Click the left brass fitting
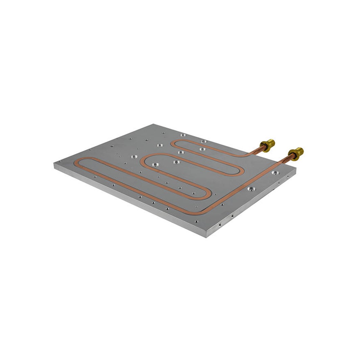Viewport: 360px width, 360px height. click(x=267, y=145)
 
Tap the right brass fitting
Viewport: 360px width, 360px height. click(x=296, y=153)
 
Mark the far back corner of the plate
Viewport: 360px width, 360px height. click(x=154, y=124)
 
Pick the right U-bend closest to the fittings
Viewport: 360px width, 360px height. click(x=242, y=171)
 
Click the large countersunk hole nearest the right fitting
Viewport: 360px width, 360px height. click(x=275, y=173)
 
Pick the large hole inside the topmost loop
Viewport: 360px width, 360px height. click(x=202, y=149)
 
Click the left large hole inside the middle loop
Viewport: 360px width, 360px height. click(x=155, y=165)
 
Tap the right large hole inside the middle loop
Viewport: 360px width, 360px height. click(x=176, y=162)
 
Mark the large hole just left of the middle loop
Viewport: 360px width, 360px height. click(x=134, y=157)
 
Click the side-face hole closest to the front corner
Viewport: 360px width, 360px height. click(x=220, y=224)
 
